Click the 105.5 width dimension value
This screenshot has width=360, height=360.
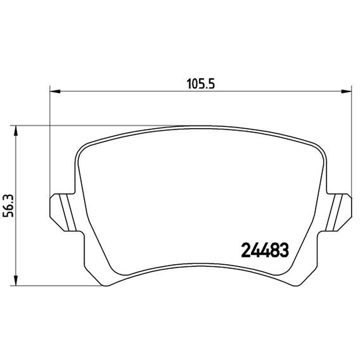tap(201, 84)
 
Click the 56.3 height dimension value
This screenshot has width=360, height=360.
tap(8, 206)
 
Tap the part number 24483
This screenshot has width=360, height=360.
tap(265, 250)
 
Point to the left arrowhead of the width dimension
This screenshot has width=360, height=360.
tap(55, 91)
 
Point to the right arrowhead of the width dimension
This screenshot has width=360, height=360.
tap(346, 91)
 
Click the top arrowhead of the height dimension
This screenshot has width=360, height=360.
tap(16, 131)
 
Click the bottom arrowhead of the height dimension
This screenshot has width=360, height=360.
tap(16, 280)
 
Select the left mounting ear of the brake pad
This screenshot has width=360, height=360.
tap(63, 212)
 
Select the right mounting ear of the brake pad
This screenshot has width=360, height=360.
tap(338, 212)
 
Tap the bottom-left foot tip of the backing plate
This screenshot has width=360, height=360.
tap(105, 285)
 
